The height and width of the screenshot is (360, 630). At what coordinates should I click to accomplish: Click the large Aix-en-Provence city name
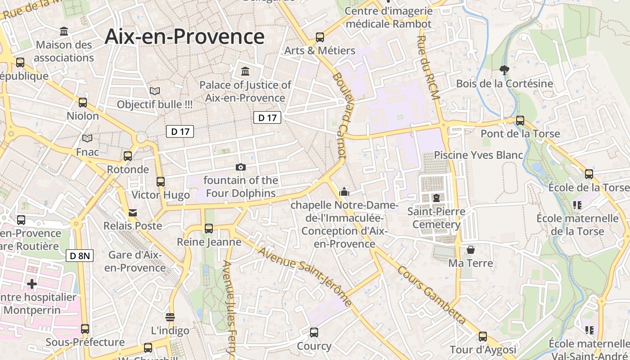[x=184, y=36]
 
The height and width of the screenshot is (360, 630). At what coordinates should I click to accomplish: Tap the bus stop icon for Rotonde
[x=128, y=156]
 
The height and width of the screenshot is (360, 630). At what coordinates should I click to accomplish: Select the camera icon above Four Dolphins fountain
[x=241, y=167]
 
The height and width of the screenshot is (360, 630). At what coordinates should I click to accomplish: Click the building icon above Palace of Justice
[x=245, y=71]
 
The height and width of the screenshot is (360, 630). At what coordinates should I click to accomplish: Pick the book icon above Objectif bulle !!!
[x=155, y=91]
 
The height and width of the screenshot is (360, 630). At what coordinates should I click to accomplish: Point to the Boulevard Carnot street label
[x=339, y=115]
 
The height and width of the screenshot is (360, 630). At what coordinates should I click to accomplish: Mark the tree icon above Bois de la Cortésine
[x=504, y=70]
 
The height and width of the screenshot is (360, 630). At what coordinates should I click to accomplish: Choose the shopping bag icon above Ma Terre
[x=471, y=249]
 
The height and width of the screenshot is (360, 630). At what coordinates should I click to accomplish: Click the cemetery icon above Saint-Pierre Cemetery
[x=436, y=198]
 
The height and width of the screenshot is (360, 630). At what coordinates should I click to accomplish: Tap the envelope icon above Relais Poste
[x=133, y=212]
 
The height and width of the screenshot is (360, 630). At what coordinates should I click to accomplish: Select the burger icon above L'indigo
[x=170, y=317]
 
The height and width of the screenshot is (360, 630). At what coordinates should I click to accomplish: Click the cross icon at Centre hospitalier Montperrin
[x=31, y=284]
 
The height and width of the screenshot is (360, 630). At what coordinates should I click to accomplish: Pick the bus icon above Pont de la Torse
[x=520, y=121]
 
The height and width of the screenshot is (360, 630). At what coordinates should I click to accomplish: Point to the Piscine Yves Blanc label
[x=478, y=155]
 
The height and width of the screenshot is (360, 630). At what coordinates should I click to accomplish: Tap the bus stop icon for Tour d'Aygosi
[x=483, y=336]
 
